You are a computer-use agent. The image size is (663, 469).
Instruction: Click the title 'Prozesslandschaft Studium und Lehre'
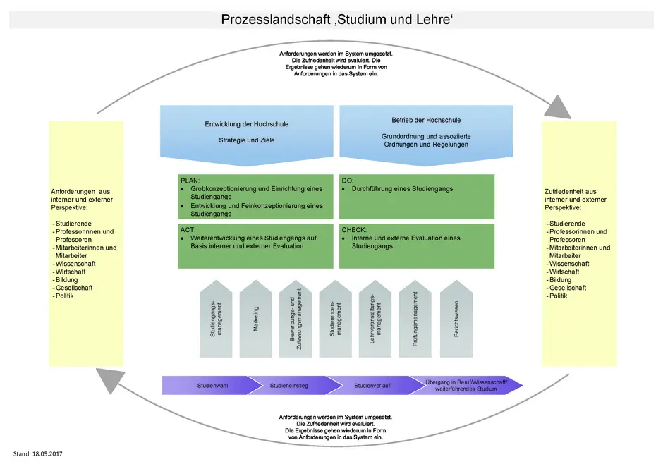pos(336,19)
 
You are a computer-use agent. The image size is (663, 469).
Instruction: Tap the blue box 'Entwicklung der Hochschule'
pos(246,133)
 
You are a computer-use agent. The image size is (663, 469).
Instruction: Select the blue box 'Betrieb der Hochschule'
pos(426,133)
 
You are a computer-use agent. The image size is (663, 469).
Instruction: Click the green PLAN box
pos(255,197)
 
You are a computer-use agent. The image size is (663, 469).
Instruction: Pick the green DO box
pos(416,197)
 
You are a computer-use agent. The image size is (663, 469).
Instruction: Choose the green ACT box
pos(255,246)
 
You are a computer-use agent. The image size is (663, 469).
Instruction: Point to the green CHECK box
pos(416,246)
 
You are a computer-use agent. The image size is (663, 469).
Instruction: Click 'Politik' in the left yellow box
pos(65,296)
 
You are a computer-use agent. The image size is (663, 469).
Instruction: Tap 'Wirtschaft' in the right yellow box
pos(564,272)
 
